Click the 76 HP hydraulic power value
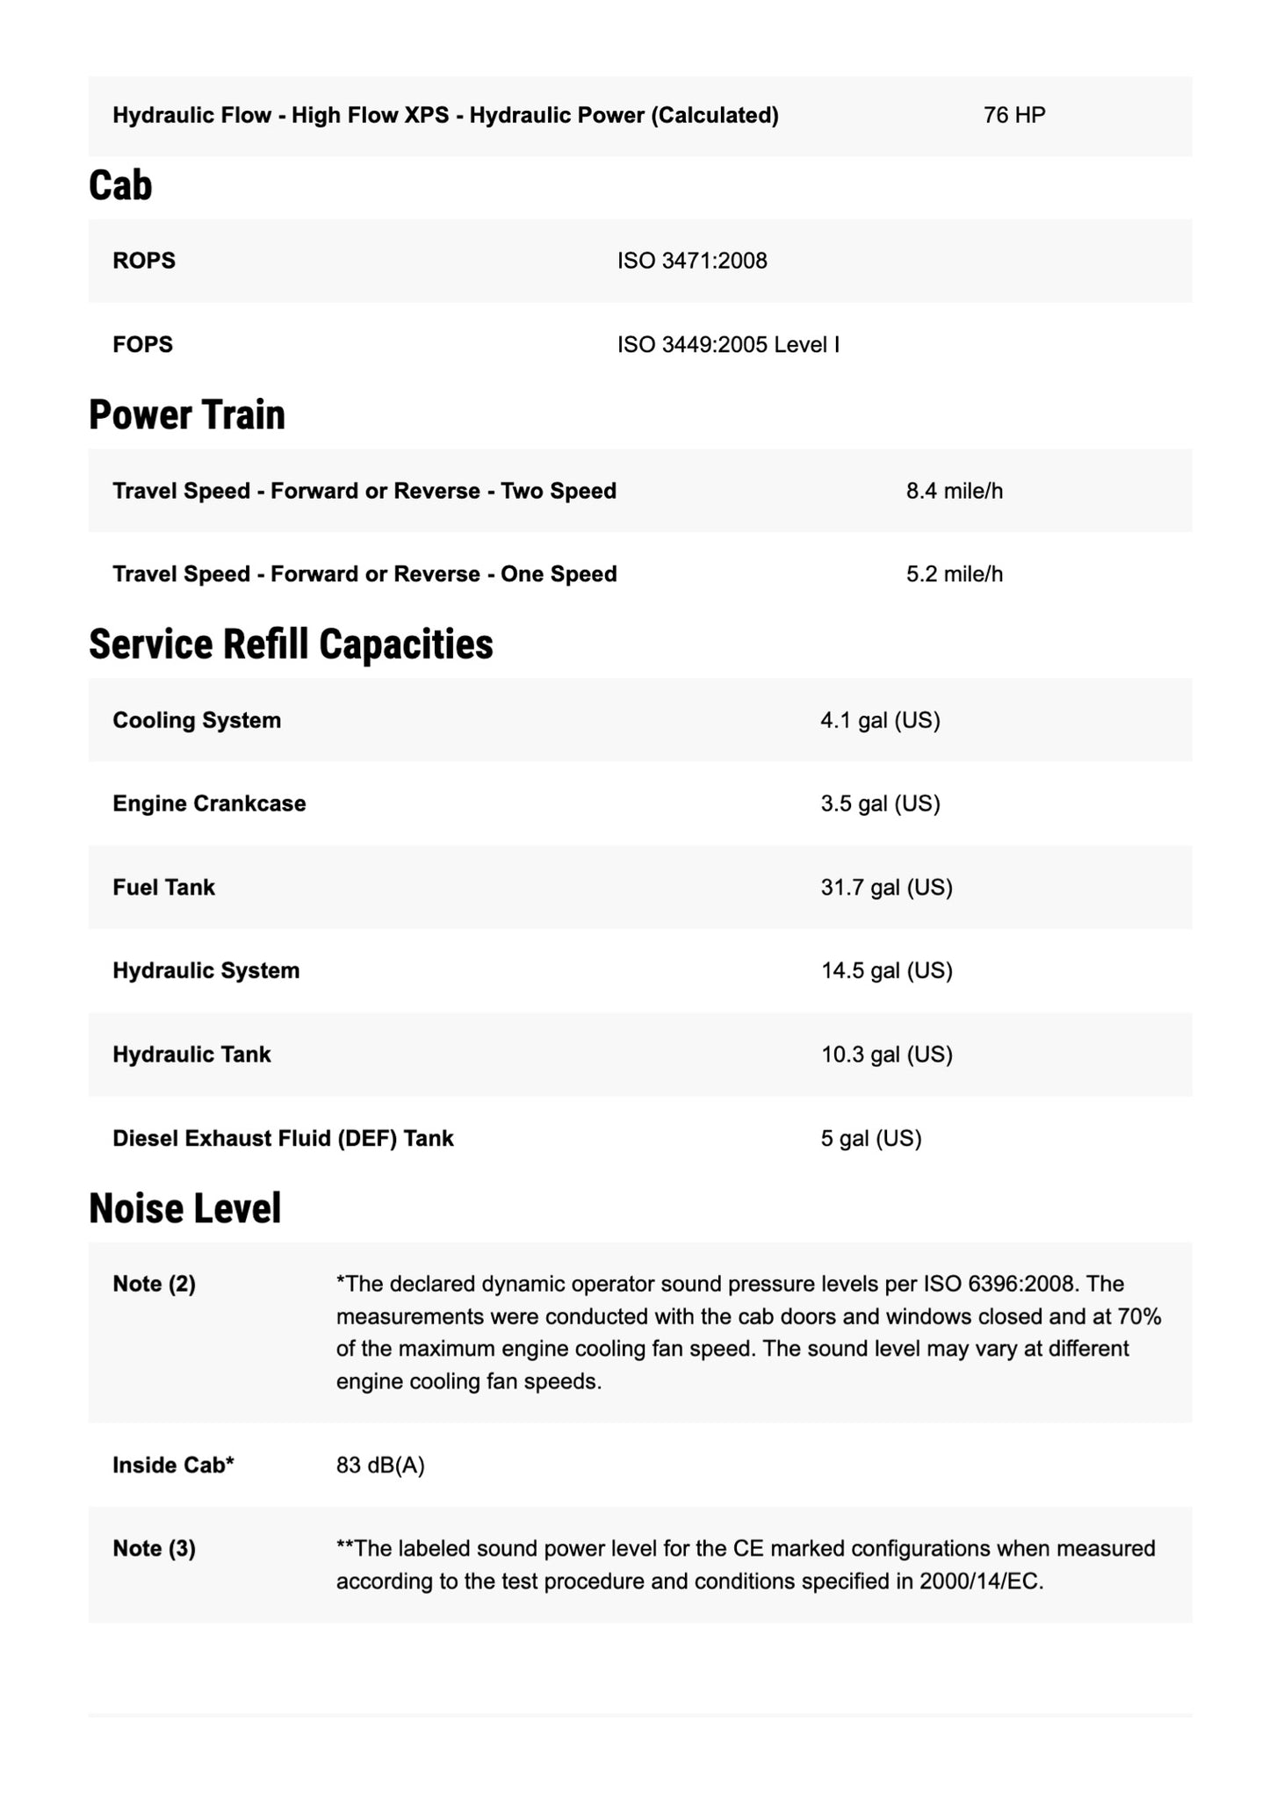point(1014,116)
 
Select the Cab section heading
point(120,185)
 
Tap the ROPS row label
point(144,261)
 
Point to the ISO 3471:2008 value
point(692,261)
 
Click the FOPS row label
point(142,344)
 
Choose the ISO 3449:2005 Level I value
point(728,344)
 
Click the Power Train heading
point(187,414)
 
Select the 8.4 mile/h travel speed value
point(955,491)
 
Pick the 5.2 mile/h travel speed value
point(955,574)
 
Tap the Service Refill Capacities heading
point(291,644)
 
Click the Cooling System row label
point(197,720)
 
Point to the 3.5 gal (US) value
point(880,803)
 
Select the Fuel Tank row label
point(163,887)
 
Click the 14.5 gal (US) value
point(886,970)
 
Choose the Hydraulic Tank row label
point(191,1054)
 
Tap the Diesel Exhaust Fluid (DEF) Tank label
point(283,1138)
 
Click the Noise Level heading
point(185,1207)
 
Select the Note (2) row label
point(154,1284)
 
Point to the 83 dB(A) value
point(380,1465)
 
